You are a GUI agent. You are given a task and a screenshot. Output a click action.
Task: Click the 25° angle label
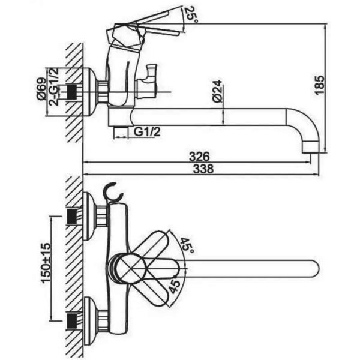[191, 14]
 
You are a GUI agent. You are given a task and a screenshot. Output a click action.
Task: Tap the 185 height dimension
[320, 85]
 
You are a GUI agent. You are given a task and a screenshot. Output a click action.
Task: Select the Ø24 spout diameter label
[217, 91]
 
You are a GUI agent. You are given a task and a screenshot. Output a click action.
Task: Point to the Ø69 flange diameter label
[41, 89]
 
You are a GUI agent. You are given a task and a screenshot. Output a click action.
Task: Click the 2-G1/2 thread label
[53, 87]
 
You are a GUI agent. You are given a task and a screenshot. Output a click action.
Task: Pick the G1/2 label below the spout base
[147, 132]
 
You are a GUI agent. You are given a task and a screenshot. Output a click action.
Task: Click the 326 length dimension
[199, 157]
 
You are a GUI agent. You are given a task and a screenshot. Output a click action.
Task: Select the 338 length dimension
[203, 169]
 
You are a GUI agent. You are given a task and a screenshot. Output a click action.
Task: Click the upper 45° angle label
[187, 245]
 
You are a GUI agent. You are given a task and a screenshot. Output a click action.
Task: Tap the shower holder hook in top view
[113, 192]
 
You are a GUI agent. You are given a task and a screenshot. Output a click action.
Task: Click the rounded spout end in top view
[315, 269]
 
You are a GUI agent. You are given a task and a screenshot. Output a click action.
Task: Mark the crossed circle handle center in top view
[131, 268]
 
